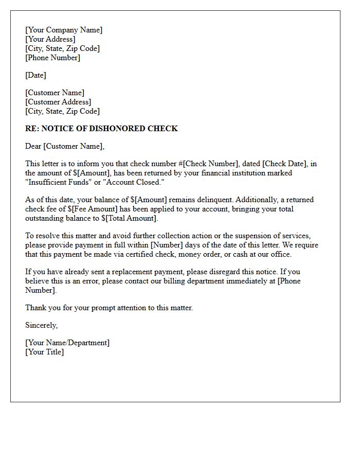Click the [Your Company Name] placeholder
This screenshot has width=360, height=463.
(64, 30)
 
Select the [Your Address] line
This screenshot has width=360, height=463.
(50, 39)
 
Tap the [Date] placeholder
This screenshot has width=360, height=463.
(35, 75)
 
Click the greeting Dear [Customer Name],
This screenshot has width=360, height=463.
(65, 146)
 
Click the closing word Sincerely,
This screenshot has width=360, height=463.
(42, 325)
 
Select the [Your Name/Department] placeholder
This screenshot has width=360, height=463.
(67, 343)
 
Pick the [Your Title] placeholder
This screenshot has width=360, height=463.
(45, 352)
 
